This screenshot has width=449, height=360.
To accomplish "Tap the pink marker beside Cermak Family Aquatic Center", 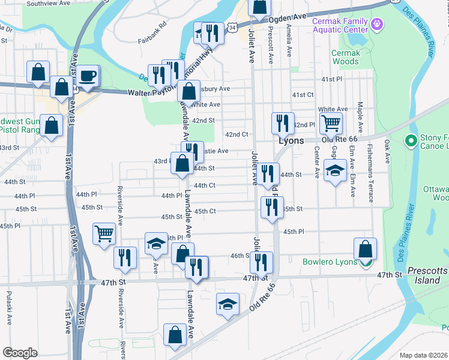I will (377, 25).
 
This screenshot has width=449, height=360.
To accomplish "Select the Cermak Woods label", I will (346, 57).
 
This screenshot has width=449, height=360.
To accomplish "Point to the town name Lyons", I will (292, 140).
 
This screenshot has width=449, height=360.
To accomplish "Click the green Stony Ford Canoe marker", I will (411, 142).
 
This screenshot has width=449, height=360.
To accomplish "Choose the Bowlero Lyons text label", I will (330, 262).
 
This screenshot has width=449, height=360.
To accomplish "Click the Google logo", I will (20, 353).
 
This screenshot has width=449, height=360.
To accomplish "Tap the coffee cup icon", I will (89, 76).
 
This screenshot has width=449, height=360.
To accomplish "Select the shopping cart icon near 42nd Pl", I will (330, 124).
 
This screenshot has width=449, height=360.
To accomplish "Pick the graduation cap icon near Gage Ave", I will (335, 170).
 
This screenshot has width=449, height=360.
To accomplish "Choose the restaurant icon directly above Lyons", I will (282, 123).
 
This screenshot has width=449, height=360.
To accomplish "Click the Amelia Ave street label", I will (289, 44).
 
